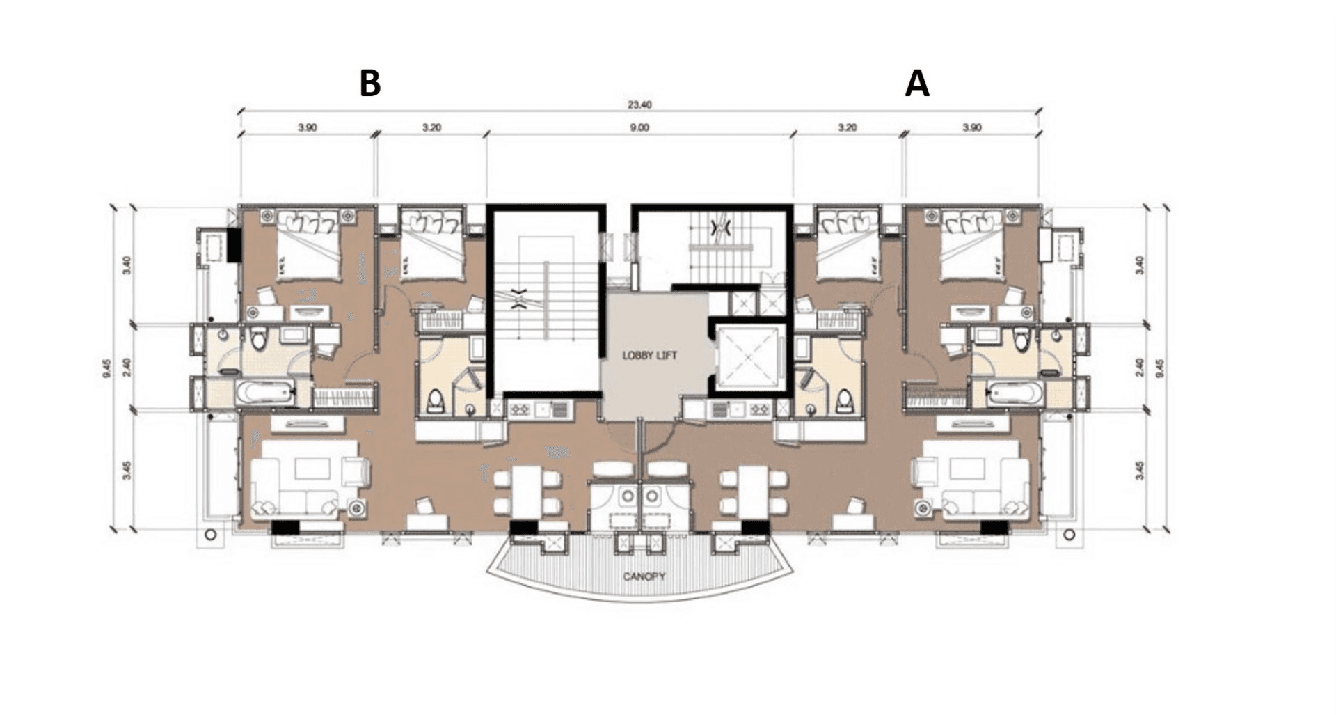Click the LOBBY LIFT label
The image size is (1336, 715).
pos(649,356)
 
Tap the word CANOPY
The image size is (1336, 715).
pos(644,576)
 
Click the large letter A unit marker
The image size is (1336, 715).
pos(916,84)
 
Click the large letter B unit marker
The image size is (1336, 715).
pos(369,84)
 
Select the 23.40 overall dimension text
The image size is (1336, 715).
pos(639,106)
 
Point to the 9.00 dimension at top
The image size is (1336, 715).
pos(639,128)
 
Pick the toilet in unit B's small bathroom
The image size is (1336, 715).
pos(436,401)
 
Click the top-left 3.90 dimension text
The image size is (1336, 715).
pos(308,128)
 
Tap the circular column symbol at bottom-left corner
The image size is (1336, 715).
pos(211,535)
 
